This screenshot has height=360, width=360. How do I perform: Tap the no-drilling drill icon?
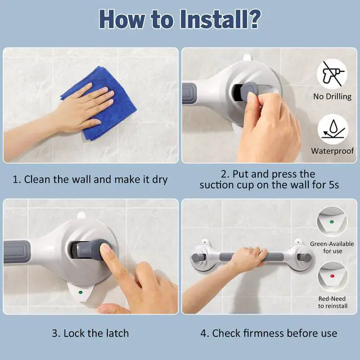332,74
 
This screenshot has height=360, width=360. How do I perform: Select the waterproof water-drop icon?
332,129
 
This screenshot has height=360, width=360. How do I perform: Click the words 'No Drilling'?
332,96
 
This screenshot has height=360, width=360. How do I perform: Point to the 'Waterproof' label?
332,151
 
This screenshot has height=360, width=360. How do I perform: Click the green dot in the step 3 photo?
80,292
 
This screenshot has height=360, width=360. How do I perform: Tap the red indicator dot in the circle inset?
332,276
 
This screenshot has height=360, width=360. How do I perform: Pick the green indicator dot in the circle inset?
331,222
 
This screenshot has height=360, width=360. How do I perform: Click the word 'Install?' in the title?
220,19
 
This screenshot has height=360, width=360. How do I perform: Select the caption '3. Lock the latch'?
90,333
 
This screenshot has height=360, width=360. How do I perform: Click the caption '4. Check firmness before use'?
269,333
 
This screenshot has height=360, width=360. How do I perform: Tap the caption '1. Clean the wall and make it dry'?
90,179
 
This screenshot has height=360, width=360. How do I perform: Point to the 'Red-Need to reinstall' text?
332,302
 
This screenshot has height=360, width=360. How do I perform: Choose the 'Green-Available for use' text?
332,247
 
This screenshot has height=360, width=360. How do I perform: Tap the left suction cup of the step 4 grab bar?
203,258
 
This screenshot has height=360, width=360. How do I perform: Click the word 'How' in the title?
121,19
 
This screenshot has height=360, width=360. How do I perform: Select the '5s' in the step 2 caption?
334,185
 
